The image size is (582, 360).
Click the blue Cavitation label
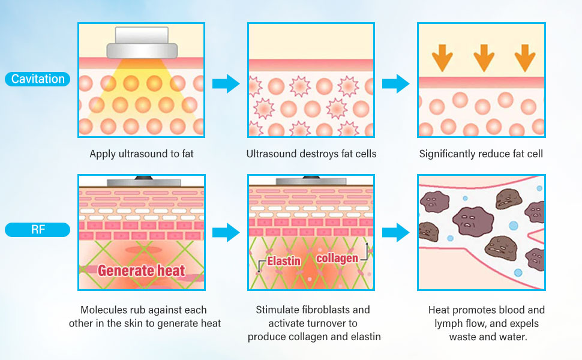(38, 79)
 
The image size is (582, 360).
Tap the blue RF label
(38, 229)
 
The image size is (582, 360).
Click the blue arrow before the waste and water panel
(395, 232)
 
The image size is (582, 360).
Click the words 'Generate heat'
(142, 270)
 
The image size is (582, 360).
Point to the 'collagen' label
(337, 257)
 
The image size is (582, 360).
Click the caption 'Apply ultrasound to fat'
(142, 154)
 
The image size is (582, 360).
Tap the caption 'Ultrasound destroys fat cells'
(311, 154)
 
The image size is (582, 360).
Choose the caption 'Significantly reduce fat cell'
(481, 154)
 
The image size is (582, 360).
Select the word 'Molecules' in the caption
(102, 310)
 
